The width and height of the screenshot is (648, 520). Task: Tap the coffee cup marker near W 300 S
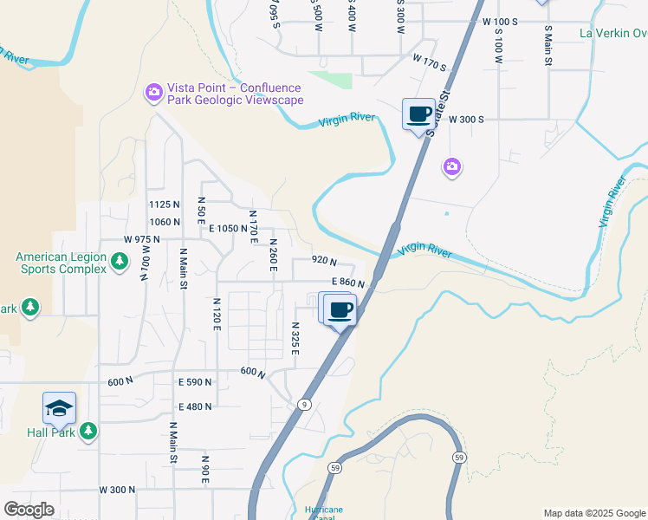[x=419, y=114]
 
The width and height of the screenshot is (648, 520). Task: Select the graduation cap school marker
[x=59, y=408]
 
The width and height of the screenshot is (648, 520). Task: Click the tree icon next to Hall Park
[x=87, y=431]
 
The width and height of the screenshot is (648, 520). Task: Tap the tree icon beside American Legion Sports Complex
[x=120, y=259]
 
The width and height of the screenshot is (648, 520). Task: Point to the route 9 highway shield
[x=304, y=404]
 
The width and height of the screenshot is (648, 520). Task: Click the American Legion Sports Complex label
[x=61, y=263]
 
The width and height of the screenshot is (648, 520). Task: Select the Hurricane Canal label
[x=325, y=512]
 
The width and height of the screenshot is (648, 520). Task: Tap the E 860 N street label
[x=350, y=283]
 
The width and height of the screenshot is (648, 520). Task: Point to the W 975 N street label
[x=142, y=238]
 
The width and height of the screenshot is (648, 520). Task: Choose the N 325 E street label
[x=295, y=338]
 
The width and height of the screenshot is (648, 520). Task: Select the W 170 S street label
[x=430, y=63]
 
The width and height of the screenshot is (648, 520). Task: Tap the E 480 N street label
[x=195, y=406]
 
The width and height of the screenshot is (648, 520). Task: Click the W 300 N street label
[x=117, y=490]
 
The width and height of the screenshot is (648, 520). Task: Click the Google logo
[x=29, y=510]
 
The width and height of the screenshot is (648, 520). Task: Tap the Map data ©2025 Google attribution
[x=593, y=513]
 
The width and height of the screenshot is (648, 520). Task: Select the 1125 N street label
[x=164, y=205]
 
